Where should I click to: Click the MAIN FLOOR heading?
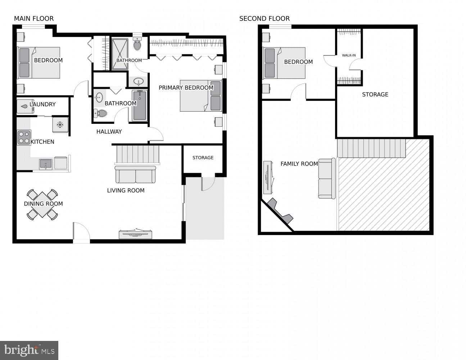click(34, 18)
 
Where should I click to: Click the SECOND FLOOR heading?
click(264, 18)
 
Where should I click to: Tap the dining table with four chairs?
click(42, 204)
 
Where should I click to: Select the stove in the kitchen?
click(24, 137)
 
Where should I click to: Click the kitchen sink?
click(46, 164)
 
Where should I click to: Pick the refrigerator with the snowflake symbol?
click(60, 125)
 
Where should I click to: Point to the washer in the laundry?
click(25, 106)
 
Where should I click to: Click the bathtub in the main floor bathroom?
click(140, 105)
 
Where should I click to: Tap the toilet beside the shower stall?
click(137, 44)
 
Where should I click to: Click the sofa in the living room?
click(135, 175)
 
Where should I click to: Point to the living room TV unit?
click(135, 234)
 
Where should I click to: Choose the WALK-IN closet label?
click(349, 55)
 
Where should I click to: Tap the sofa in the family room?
click(327, 179)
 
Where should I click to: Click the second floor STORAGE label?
click(375, 94)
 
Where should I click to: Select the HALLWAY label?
click(109, 132)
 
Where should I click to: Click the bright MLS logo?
click(29, 350)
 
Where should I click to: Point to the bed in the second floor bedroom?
click(284, 63)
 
